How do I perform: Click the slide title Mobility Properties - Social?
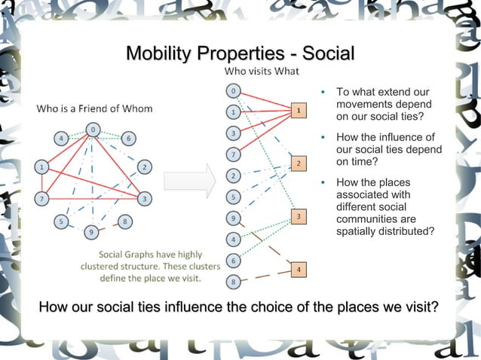240,54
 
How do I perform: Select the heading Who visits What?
262,72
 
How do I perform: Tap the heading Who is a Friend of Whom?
95,108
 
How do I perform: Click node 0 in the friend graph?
92,130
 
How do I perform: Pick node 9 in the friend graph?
90,231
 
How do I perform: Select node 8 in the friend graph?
124,221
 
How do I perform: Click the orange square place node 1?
299,111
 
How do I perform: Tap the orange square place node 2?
299,163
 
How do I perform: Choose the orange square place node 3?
299,217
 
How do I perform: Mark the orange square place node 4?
299,269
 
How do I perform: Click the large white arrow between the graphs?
190,183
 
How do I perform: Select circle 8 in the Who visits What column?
234,282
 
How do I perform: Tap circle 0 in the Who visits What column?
234,92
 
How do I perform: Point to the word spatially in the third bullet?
360,231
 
